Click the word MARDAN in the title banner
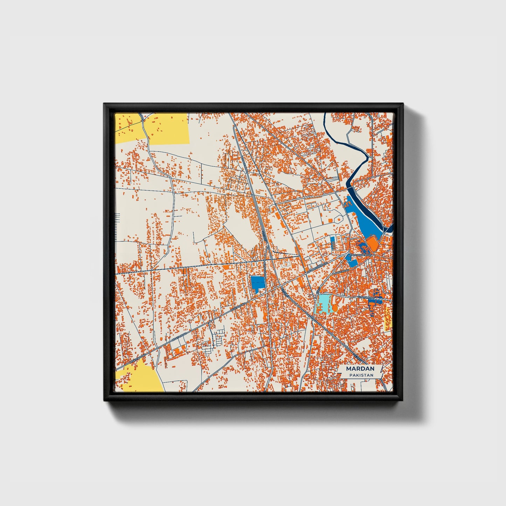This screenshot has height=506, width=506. coord(360,369)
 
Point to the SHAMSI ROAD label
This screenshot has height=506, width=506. coord(366,297)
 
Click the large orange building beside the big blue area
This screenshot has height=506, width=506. coord(372,243)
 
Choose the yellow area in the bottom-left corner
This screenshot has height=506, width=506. coord(142,376)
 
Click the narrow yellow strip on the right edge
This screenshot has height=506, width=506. coord(387,319)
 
